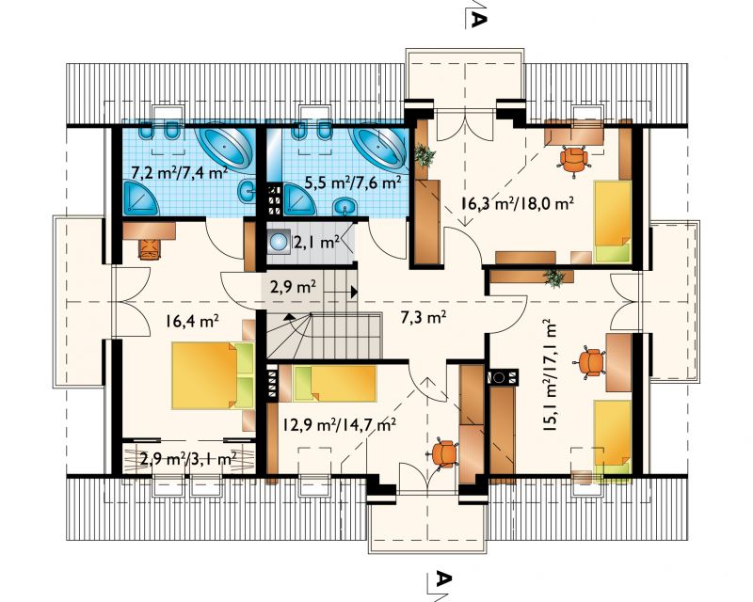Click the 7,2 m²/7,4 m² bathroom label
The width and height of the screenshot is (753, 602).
179,172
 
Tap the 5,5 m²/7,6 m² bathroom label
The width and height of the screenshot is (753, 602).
354,182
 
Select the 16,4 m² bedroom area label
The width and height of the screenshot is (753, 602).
193,321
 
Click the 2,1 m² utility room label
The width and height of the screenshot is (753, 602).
317,243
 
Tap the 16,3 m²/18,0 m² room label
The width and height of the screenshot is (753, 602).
517,203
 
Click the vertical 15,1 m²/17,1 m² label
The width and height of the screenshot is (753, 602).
551,376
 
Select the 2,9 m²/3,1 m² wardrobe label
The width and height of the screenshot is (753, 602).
187,459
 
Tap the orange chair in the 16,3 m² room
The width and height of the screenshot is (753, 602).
574,159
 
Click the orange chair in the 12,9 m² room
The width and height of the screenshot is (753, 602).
444,453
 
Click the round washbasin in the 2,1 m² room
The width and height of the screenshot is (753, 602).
279,241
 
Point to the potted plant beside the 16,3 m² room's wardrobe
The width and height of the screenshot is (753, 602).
425,155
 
